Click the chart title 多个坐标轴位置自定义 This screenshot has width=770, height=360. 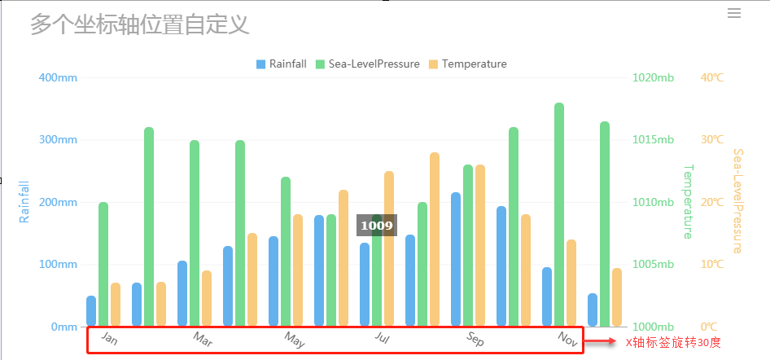click(139, 24)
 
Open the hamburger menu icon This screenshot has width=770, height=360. click(734, 13)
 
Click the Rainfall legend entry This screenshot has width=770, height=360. click(281, 64)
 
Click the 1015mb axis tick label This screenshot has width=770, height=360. click(653, 140)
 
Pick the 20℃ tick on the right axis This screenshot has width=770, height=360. click(712, 202)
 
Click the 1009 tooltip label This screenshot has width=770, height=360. click(377, 226)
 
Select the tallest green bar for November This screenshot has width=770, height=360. click(559, 214)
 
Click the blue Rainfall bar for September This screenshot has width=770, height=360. click(456, 259)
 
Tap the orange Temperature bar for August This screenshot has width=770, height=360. click(435, 239)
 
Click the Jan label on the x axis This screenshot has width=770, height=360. click(109, 338)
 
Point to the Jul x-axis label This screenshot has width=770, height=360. click(383, 337)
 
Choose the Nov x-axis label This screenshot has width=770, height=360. click(567, 337)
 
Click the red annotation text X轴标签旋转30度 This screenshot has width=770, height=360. click(672, 343)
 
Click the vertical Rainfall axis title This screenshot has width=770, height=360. click(24, 202)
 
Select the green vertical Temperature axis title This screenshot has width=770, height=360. click(687, 202)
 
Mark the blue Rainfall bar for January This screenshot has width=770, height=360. click(91, 311)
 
